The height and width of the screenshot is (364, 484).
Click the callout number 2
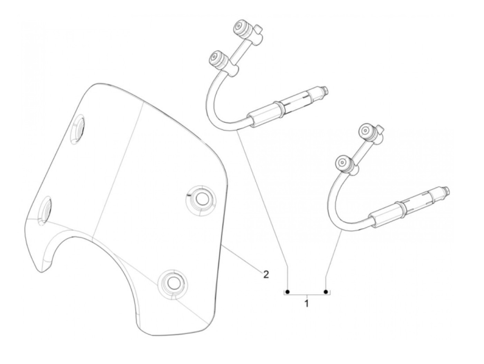pos(266,274)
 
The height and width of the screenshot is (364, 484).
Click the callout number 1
pos(307,304)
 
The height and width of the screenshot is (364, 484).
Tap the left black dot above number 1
pos(287,291)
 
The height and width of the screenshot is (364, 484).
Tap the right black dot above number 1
pos(326,291)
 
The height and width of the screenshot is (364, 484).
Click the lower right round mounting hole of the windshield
pos(172,282)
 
